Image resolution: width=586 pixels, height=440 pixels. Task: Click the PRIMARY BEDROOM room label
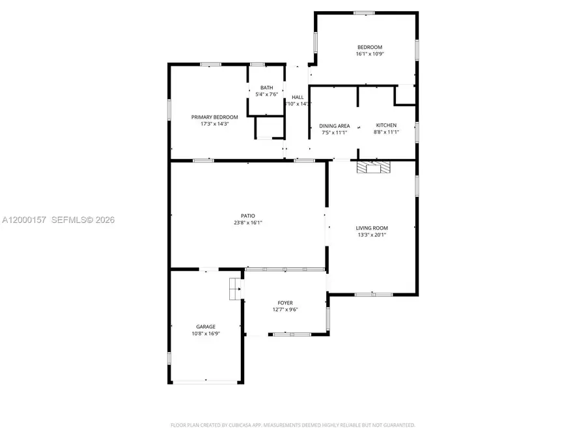click(x=214, y=117)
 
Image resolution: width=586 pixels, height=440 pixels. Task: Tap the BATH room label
click(x=267, y=87)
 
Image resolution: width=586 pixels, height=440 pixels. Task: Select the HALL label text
click(x=298, y=97)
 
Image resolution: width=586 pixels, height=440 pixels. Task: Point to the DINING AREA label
click(x=335, y=126)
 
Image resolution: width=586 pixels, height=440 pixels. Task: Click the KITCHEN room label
click(x=386, y=125)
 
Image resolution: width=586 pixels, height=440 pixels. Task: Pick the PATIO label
click(x=248, y=216)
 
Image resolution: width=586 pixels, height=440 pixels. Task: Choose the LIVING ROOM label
click(x=372, y=228)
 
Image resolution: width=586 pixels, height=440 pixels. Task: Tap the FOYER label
click(x=285, y=302)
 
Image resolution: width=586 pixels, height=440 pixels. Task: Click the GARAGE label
click(x=206, y=327)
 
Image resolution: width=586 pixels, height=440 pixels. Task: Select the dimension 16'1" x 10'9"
click(x=369, y=54)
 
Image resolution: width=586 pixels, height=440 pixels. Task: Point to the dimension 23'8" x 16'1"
click(x=248, y=222)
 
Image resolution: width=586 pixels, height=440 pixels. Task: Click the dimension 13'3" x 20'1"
click(x=372, y=235)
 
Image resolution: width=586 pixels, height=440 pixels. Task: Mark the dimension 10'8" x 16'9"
click(x=206, y=333)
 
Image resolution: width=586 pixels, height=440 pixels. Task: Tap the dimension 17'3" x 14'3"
click(x=214, y=124)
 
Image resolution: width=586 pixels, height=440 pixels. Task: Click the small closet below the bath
click(x=268, y=128)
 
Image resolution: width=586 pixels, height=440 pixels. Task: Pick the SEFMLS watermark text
click(x=83, y=220)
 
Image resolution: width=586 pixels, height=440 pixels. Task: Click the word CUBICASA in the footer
click(x=238, y=425)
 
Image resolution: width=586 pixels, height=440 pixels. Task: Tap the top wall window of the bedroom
click(x=364, y=12)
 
